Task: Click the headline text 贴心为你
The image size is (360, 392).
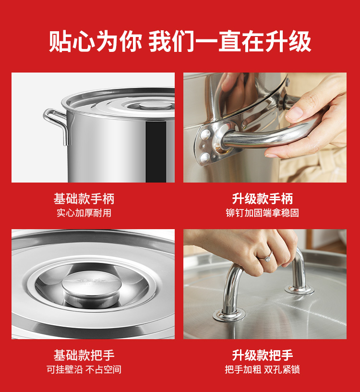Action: pos(96,41)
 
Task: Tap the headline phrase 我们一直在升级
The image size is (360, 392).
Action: pos(230,41)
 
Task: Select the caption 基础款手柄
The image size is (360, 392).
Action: pos(84,199)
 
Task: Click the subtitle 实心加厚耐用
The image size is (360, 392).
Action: pos(84,213)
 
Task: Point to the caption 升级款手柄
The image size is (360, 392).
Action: pos(262,199)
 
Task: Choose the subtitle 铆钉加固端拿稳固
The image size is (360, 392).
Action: pos(262,213)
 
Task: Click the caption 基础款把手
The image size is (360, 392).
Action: pos(84,355)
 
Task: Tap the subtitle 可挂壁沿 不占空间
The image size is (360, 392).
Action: pos(84,369)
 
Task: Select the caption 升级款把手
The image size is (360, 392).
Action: pos(262,355)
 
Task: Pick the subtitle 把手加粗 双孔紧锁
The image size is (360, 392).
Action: pos(262,369)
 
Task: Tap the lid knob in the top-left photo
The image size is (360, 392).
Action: pos(156,105)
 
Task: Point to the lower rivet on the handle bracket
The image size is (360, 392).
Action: pos(205,157)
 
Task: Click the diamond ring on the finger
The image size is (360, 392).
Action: pos(268,258)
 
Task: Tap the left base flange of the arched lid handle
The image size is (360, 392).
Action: pos(229,315)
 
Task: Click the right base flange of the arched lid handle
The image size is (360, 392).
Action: pos(300,290)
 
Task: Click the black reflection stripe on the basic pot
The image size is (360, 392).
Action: pos(156,152)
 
